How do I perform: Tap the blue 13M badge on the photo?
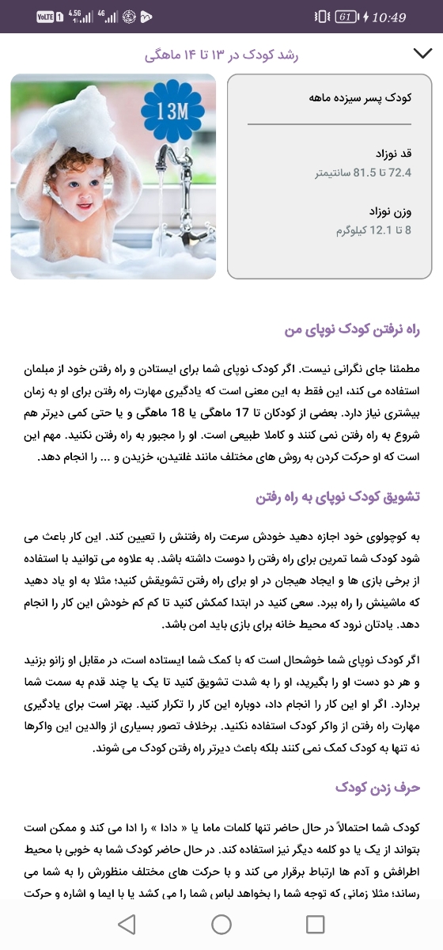[172, 111]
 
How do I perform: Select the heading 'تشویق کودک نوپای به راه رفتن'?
[338, 496]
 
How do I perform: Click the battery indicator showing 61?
[346, 17]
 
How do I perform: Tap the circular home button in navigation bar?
[221, 923]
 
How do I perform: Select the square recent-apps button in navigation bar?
[315, 923]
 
